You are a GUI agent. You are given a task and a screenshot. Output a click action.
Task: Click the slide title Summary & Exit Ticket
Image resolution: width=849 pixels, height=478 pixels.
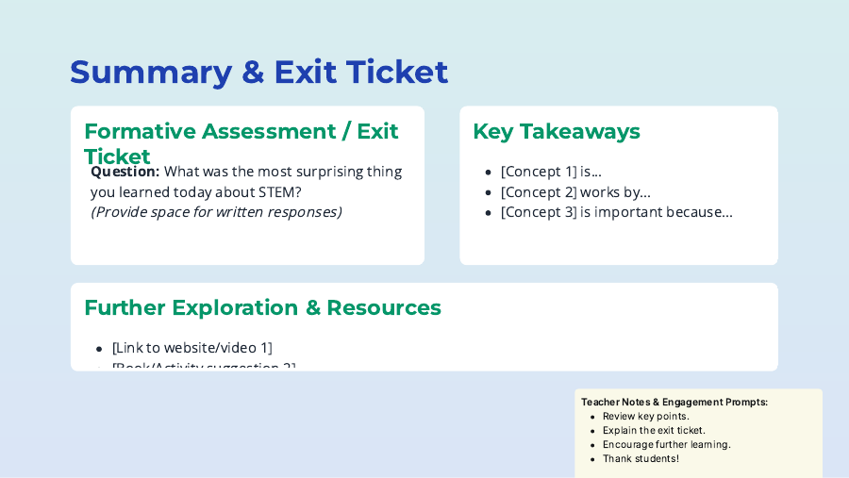click(x=258, y=73)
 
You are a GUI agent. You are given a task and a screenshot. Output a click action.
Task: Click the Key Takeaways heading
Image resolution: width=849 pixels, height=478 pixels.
click(x=556, y=132)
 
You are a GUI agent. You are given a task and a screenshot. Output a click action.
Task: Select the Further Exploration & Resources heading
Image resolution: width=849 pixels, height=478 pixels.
click(x=262, y=307)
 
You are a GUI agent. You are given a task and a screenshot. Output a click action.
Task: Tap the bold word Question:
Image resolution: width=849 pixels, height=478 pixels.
click(x=125, y=172)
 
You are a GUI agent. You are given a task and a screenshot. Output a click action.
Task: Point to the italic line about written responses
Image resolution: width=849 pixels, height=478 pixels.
click(x=216, y=212)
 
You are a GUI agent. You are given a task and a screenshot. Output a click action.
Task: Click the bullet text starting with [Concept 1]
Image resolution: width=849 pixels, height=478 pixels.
click(x=551, y=172)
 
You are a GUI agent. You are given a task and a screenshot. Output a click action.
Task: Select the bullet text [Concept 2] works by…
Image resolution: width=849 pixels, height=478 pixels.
click(x=575, y=192)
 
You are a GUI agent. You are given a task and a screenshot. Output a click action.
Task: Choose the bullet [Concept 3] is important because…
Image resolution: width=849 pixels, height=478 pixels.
click(x=616, y=212)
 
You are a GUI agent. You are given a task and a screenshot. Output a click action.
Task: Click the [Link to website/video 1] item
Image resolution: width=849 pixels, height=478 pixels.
click(x=191, y=348)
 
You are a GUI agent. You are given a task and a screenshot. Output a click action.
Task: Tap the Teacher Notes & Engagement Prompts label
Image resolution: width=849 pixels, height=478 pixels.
click(x=674, y=402)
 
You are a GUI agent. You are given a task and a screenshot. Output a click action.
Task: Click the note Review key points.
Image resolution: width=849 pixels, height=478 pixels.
click(x=646, y=416)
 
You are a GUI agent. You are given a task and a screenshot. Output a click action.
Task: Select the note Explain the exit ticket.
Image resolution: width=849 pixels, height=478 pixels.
click(x=654, y=430)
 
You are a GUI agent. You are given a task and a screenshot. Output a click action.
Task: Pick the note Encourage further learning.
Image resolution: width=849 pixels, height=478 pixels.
click(x=666, y=444)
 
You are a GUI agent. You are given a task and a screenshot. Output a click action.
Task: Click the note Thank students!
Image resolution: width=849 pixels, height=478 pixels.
click(x=641, y=458)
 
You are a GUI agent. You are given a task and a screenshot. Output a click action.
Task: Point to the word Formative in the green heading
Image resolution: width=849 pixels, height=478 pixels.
click(x=139, y=132)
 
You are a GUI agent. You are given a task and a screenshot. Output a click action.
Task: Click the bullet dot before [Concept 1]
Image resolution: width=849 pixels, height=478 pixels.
click(x=488, y=173)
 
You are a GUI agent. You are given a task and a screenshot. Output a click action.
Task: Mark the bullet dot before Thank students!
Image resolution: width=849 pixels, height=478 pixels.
click(x=591, y=459)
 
